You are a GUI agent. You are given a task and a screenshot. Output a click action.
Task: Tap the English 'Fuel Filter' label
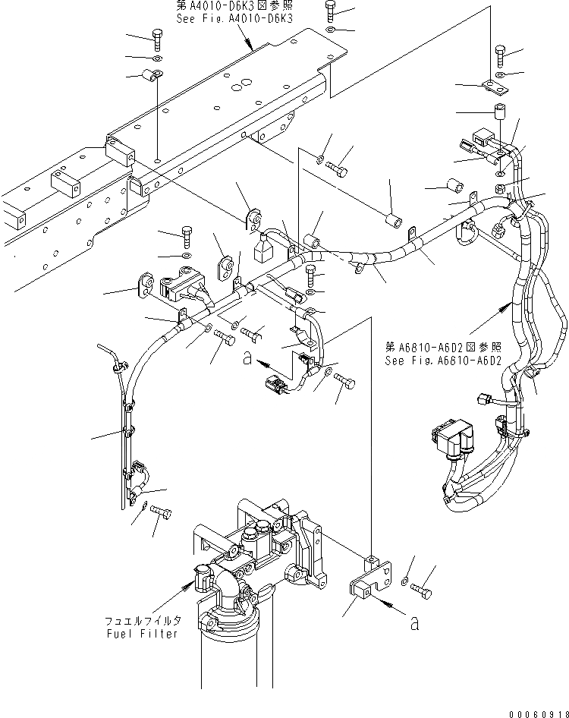point(143,634)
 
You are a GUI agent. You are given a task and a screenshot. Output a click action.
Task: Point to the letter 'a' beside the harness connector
point(247,360)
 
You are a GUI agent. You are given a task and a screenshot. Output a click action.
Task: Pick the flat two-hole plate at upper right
point(496,89)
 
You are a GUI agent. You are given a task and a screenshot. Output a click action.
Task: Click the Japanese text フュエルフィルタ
point(143,620)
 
